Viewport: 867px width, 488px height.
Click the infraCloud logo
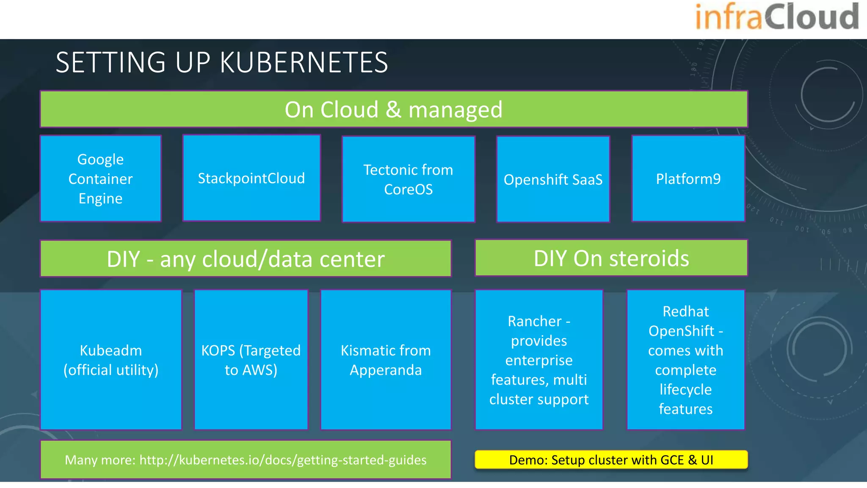776,17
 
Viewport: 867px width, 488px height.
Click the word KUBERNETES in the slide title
304,63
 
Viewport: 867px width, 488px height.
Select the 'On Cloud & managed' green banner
394,109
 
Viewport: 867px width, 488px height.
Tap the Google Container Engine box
101,178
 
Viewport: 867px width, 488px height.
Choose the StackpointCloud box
251,178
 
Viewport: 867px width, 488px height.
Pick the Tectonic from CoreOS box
408,179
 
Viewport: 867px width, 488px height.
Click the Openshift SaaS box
553,179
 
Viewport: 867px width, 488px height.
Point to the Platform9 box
688,178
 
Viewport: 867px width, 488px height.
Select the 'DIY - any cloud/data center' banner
246,258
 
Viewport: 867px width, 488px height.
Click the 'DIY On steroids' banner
611,258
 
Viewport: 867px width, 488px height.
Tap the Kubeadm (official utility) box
111,360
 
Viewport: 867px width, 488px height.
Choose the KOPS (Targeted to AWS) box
251,360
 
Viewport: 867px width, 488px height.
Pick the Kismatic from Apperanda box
386,360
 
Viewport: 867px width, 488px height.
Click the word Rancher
534,321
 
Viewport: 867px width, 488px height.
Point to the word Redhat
685,311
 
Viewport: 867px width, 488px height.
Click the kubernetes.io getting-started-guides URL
283,460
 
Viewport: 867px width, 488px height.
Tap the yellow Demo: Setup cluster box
611,460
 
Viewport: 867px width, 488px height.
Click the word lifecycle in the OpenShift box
685,389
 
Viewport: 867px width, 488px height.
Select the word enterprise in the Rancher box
538,360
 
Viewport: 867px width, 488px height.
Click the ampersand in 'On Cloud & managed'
393,110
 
